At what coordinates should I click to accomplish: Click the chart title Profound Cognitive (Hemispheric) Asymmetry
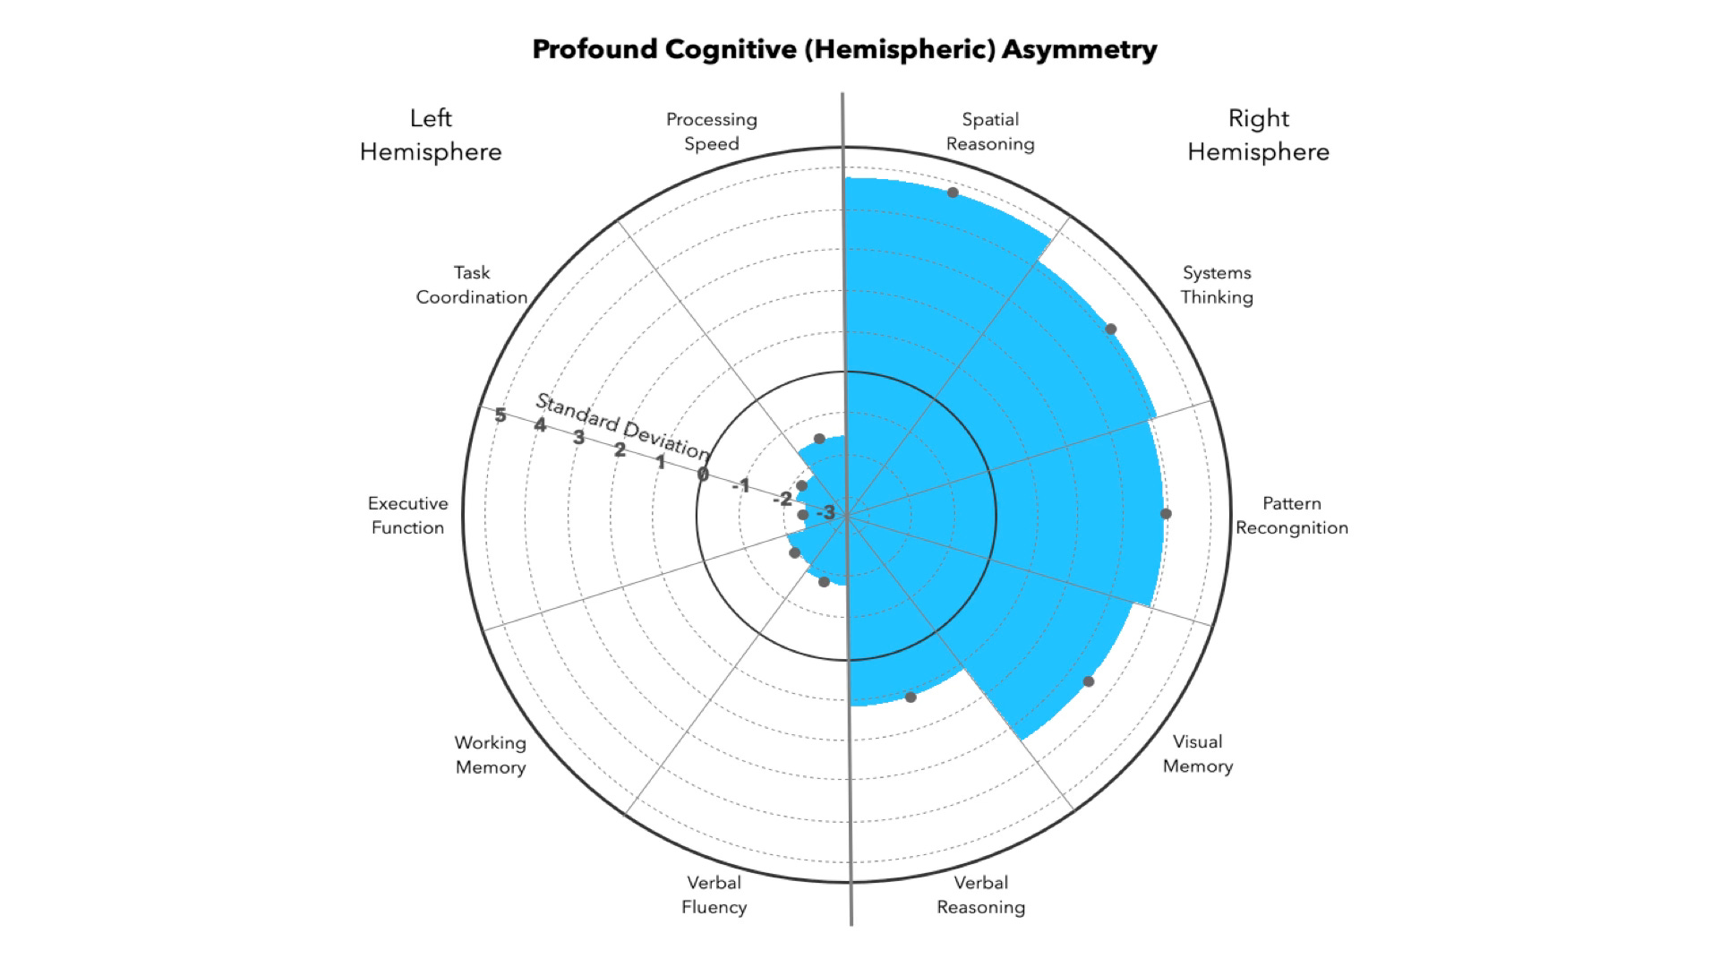click(844, 49)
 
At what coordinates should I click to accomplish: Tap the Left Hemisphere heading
click(431, 135)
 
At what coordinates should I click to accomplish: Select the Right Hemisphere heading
click(1258, 135)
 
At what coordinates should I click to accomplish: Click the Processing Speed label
click(712, 132)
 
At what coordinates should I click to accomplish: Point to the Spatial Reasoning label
click(990, 132)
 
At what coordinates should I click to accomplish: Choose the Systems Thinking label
click(1217, 285)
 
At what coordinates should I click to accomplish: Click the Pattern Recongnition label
click(1292, 516)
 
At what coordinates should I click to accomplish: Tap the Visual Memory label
click(1198, 754)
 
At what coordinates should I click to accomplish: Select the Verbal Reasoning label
click(981, 894)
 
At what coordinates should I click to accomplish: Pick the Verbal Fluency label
click(714, 894)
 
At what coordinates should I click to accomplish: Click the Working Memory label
click(491, 755)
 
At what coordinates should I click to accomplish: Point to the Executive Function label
click(408, 516)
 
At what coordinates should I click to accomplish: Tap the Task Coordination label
click(472, 285)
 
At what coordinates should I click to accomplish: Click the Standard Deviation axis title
click(623, 426)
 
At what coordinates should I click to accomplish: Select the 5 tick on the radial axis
click(500, 415)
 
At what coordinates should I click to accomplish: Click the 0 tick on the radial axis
click(703, 474)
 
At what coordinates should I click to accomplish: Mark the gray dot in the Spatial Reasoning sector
click(954, 193)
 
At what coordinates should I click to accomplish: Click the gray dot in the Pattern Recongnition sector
click(1166, 514)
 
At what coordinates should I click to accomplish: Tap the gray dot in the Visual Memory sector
click(1089, 681)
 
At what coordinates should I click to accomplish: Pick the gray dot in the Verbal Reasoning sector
click(911, 697)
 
